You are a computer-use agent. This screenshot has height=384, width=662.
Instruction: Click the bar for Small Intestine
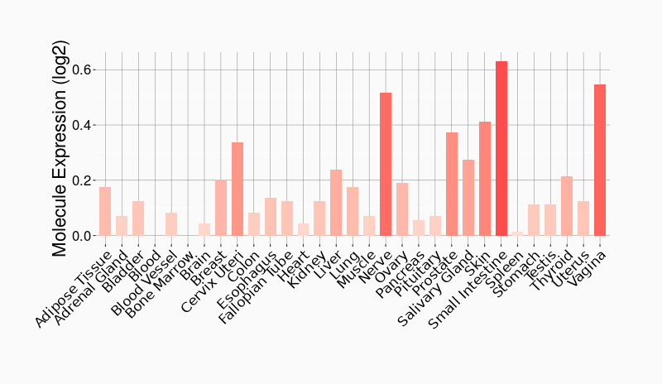pyautogui.click(x=501, y=149)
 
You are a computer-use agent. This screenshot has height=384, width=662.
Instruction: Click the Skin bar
pyautogui.click(x=485, y=179)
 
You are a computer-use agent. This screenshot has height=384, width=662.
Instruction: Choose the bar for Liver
pyautogui.click(x=336, y=203)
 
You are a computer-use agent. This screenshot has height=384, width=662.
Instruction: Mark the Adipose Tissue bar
pyautogui.click(x=105, y=211)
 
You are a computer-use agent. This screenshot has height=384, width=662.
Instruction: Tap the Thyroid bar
pyautogui.click(x=567, y=206)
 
